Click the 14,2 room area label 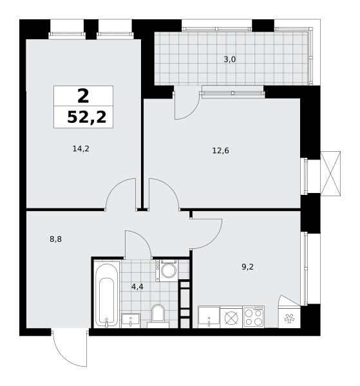click(81, 149)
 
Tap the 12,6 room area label click(220, 150)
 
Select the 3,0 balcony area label click(230, 59)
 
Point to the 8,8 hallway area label click(55, 239)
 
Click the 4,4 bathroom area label click(137, 286)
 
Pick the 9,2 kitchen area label click(247, 266)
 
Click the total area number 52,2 click(87, 117)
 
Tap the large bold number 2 click(83, 96)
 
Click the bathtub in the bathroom click(106, 295)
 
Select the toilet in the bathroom click(158, 316)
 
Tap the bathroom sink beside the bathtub click(131, 320)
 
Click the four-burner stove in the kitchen click(254, 317)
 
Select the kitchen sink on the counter click(209, 317)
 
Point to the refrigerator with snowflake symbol click(289, 317)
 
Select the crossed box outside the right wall click(330, 174)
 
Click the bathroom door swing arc click(144, 238)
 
